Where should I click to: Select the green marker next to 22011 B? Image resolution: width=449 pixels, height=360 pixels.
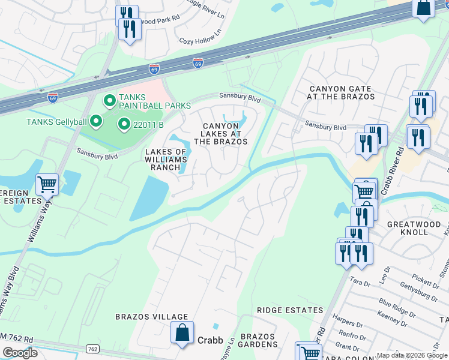tap(124, 124)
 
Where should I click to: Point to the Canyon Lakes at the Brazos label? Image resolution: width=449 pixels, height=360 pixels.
tap(221, 133)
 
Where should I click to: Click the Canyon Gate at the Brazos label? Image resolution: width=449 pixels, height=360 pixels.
tap(340, 92)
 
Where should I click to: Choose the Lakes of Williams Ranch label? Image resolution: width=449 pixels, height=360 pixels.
tap(166, 160)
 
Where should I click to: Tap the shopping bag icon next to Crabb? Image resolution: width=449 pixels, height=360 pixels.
tap(182, 332)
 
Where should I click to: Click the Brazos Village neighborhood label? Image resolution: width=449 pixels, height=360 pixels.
tap(152, 317)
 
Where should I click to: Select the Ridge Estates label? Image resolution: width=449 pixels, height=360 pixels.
tap(290, 310)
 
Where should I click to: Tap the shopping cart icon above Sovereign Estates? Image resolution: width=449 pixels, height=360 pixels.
tap(47, 184)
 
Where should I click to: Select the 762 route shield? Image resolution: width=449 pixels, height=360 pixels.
tap(92, 349)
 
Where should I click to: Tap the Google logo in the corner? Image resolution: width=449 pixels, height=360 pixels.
tap(20, 353)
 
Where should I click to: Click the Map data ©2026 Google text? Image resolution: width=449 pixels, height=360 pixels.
tap(412, 355)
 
